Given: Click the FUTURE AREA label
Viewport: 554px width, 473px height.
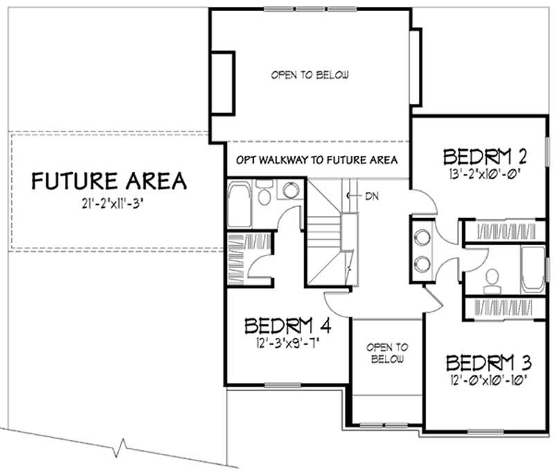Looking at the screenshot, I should pyautogui.click(x=109, y=181).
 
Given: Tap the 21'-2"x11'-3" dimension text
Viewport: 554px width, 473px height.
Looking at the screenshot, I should pyautogui.click(x=109, y=204).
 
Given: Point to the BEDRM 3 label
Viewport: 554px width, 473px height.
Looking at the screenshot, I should pyautogui.click(x=488, y=363).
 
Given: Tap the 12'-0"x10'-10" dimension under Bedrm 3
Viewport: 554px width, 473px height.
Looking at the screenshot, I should pyautogui.click(x=488, y=379).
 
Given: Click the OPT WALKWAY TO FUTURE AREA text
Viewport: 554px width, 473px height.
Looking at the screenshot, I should pyautogui.click(x=316, y=160).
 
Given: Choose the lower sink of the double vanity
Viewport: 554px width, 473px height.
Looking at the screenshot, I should pyautogui.click(x=421, y=262).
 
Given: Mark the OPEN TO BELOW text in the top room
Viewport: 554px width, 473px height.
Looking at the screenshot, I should pyautogui.click(x=310, y=75).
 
